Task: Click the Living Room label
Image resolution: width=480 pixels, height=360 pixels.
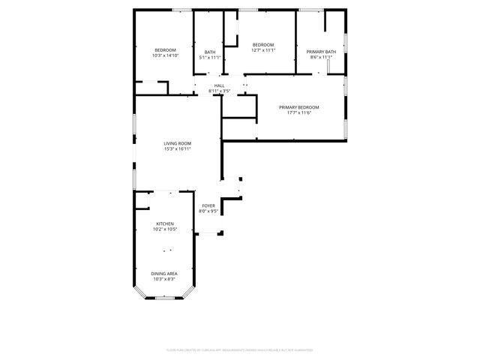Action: tap(178, 143)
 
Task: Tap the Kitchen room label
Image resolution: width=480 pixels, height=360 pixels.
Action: tap(165, 223)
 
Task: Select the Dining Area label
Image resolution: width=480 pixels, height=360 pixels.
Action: tap(164, 274)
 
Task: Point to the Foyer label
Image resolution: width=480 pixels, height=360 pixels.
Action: tap(208, 205)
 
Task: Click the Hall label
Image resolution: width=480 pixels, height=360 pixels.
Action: tap(219, 85)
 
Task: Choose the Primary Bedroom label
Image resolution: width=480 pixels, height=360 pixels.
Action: tap(299, 107)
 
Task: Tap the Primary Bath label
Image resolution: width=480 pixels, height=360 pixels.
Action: tap(319, 51)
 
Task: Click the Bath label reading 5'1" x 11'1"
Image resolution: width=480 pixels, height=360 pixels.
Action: tap(210, 52)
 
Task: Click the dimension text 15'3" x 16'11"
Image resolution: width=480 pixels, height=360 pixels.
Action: tap(178, 149)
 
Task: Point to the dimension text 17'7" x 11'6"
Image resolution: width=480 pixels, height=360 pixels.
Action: tap(299, 113)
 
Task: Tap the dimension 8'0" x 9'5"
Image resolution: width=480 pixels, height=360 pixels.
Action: tap(208, 211)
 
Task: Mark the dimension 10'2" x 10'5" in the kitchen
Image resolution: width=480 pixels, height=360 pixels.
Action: tap(165, 229)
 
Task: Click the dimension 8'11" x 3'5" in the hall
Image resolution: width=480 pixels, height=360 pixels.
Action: tap(219, 91)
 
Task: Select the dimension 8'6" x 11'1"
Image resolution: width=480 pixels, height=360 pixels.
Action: tap(319, 57)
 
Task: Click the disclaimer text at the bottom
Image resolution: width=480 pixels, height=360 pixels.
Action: tap(239, 349)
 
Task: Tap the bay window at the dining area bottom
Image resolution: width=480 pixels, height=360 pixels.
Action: tap(165, 298)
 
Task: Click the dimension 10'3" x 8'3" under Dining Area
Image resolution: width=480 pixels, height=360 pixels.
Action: tap(164, 280)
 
